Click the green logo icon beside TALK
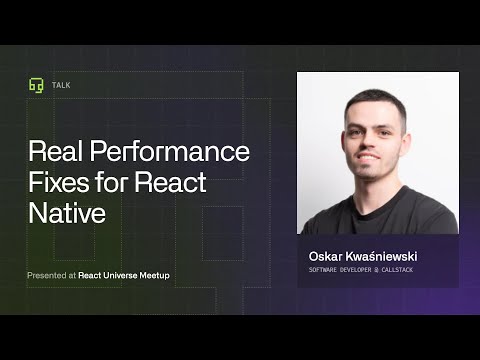[36, 85]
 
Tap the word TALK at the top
[62, 85]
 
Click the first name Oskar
[327, 256]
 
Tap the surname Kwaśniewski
[383, 256]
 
